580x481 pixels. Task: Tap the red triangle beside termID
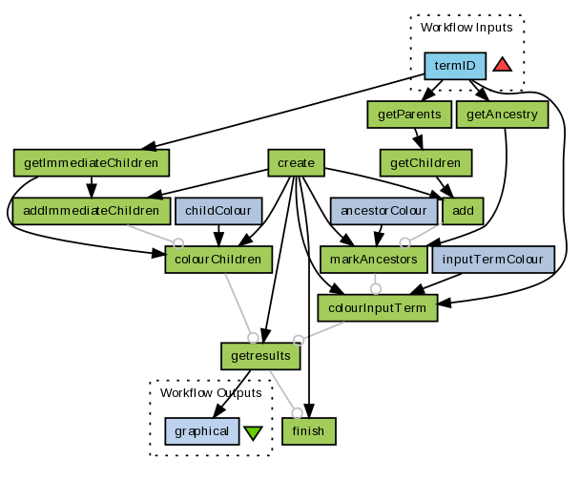pos(502,65)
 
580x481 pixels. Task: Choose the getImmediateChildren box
pos(91,162)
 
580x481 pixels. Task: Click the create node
pos(297,162)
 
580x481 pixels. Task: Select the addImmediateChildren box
pos(91,210)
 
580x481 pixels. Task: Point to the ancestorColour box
pos(382,210)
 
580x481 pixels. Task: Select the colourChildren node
pos(219,259)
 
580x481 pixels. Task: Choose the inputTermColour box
pos(493,259)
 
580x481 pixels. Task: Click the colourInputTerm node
pos(378,307)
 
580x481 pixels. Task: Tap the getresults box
pos(261,356)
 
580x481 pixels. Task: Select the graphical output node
pos(201,431)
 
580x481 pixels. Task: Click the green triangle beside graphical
pos(252,432)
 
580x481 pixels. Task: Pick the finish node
pos(309,431)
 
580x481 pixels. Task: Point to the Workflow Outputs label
pos(210,393)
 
